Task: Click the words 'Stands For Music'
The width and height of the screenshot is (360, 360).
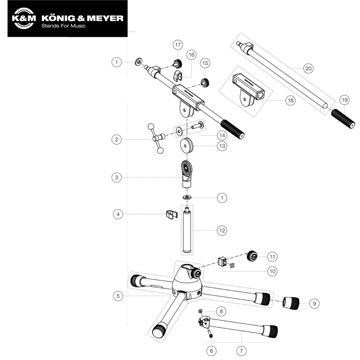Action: click(x=63, y=26)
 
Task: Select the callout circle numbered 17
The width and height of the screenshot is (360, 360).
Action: click(x=178, y=45)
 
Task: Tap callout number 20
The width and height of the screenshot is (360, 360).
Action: click(x=308, y=68)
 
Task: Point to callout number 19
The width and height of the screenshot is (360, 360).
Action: click(x=345, y=99)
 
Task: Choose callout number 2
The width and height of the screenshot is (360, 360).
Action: click(x=117, y=140)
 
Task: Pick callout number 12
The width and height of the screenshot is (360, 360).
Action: click(x=222, y=230)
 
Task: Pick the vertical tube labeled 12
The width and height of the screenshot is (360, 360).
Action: click(x=187, y=229)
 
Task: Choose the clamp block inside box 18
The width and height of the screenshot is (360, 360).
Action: click(x=247, y=88)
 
